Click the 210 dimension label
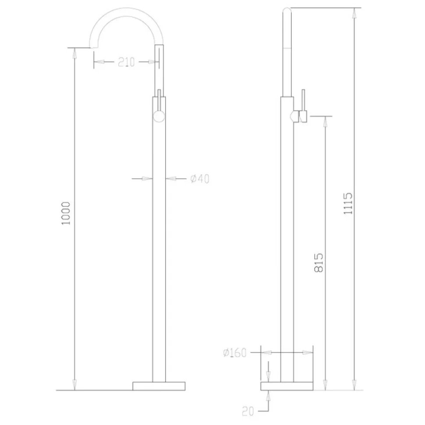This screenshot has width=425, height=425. click(126, 62)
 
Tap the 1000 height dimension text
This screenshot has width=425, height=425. click(66, 213)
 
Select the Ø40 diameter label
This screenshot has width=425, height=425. click(200, 179)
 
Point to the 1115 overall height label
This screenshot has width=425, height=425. click(348, 204)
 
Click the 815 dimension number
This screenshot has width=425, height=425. click(319, 262)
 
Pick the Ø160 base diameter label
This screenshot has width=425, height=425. click(235, 353)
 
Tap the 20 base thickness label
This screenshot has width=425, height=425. click(248, 411)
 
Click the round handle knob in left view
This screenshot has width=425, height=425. click(159, 117)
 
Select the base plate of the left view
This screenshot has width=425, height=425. click(159, 386)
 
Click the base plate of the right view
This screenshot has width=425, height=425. click(287, 386)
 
